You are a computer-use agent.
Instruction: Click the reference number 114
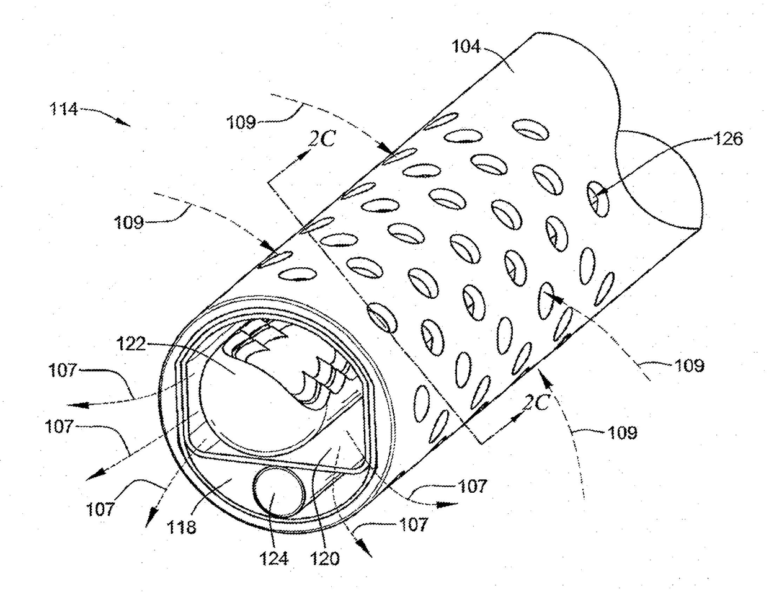63,110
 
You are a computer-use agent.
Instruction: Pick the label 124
274,559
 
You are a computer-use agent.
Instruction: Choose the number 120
326,559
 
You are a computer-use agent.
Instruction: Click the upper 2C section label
322,140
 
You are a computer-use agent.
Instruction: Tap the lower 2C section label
535,403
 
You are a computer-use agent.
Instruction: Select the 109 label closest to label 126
688,366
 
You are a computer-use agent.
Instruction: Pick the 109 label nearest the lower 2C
621,431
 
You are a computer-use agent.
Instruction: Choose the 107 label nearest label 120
413,524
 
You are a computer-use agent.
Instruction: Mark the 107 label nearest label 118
101,509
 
